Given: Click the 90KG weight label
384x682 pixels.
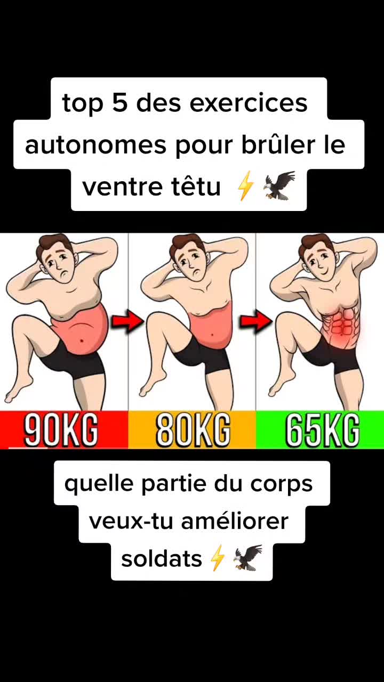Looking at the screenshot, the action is tap(61, 429).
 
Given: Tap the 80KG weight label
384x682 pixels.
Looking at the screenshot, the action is tap(193, 429).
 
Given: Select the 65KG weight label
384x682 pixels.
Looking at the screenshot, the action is tap(323, 429).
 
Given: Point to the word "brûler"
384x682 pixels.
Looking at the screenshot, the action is tap(278, 144).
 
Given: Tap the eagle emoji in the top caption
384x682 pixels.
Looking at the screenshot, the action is tap(278, 186).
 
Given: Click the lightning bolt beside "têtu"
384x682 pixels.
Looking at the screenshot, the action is tap(245, 186).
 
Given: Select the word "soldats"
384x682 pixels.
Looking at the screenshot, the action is tap(162, 559).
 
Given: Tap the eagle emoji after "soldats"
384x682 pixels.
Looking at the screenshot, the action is tap(248, 558).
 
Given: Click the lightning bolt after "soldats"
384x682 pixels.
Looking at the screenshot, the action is tap(218, 558).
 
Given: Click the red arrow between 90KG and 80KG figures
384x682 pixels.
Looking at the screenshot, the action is tap(126, 321).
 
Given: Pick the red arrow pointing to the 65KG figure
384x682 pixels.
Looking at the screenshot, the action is tap(255, 321).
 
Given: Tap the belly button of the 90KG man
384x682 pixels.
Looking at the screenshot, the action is tap(82, 340).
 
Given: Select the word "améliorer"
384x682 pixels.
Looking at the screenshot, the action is tap(235, 521).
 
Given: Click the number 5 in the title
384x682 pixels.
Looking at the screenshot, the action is tap(120, 103).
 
